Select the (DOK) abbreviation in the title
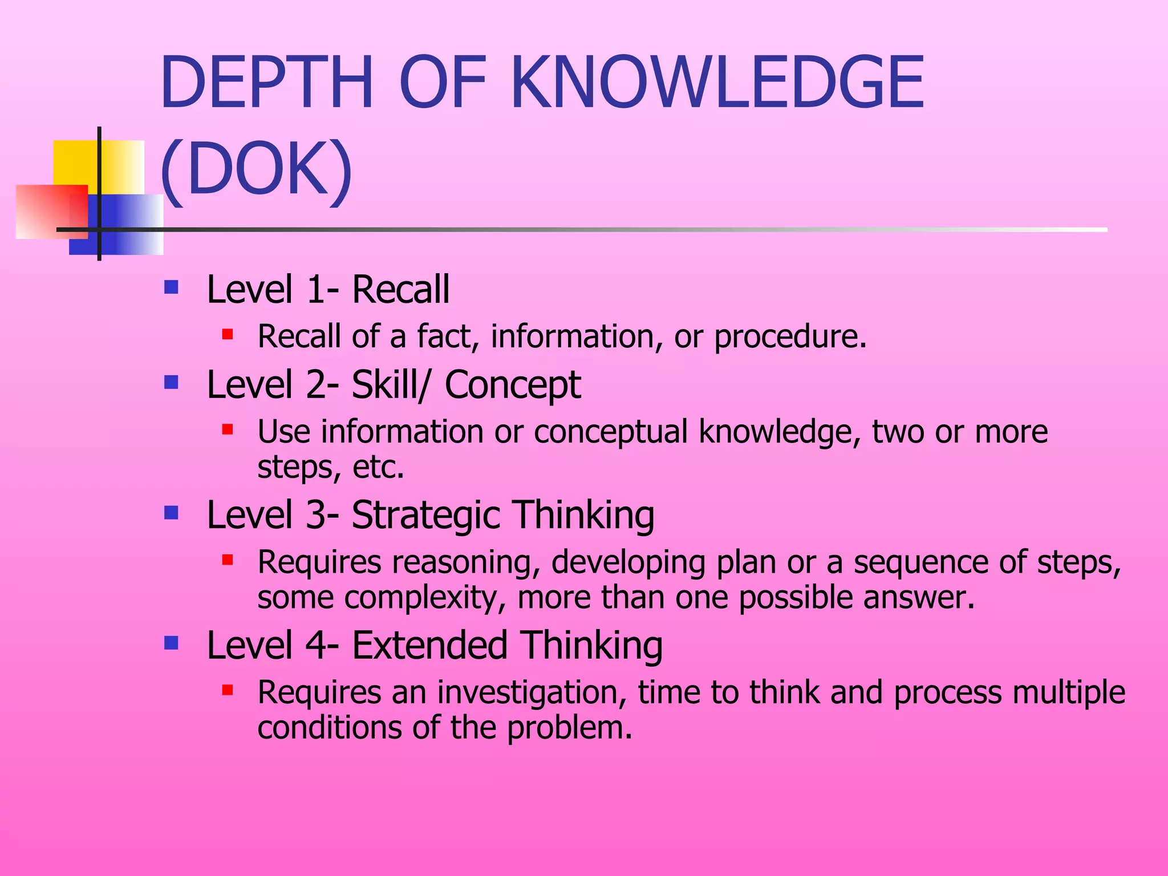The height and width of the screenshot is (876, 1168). click(x=256, y=169)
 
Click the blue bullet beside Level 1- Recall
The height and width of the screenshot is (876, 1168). click(x=171, y=286)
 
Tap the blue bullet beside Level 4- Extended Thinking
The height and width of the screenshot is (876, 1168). click(x=171, y=643)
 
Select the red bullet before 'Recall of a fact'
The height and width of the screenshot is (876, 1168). click(x=228, y=334)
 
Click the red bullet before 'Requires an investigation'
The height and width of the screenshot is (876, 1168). click(x=228, y=690)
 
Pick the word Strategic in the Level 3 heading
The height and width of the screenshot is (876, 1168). click(x=425, y=515)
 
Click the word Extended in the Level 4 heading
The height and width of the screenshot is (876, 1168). click(x=429, y=645)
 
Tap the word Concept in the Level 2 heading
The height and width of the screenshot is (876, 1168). click(x=512, y=385)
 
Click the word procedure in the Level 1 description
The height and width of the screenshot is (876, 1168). click(x=790, y=336)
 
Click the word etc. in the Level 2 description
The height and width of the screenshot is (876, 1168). click(x=379, y=467)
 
